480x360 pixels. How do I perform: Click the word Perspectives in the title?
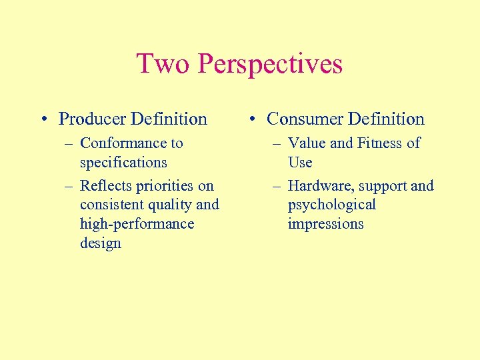click(270, 65)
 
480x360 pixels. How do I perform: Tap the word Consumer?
click(303, 119)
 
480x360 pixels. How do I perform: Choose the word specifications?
click(123, 163)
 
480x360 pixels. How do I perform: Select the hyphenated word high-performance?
click(137, 224)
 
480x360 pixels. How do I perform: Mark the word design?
click(100, 243)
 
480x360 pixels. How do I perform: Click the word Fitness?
click(381, 143)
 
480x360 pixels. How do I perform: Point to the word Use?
click(300, 163)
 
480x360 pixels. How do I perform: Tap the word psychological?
click(331, 205)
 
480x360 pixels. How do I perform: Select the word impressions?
click(325, 224)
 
